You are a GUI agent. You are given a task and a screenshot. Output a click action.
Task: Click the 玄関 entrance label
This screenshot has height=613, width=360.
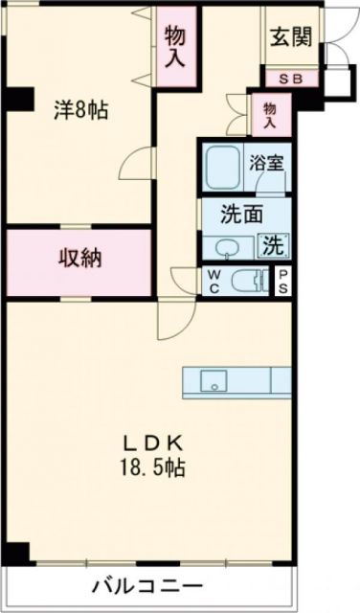click(x=289, y=39)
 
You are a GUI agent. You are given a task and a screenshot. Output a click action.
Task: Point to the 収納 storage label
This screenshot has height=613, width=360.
click(x=79, y=259)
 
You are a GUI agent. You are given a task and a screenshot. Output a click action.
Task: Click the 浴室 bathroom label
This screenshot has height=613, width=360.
click(x=266, y=163)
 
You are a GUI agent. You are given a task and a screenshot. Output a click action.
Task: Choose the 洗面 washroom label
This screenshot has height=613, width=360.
click(x=243, y=215)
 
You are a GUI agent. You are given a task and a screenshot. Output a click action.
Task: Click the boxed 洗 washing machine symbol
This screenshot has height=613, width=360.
click(x=275, y=245)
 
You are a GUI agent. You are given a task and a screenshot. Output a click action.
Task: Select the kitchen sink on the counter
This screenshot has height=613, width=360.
click(x=214, y=381)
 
